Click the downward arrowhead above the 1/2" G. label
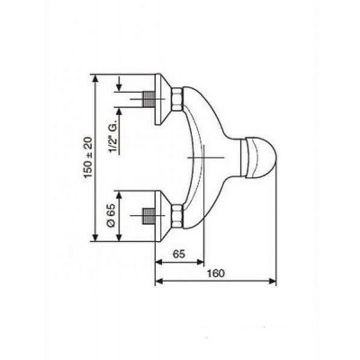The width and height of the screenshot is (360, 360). pyautogui.click(x=121, y=88)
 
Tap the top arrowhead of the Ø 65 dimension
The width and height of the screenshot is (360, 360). pyautogui.click(x=121, y=192)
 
